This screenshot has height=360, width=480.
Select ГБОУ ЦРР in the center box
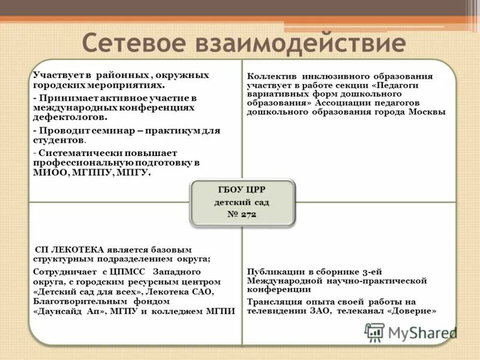pos(242,190)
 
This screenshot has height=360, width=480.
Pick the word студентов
pos(59,140)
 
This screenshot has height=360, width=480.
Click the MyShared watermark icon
pos(375,332)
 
